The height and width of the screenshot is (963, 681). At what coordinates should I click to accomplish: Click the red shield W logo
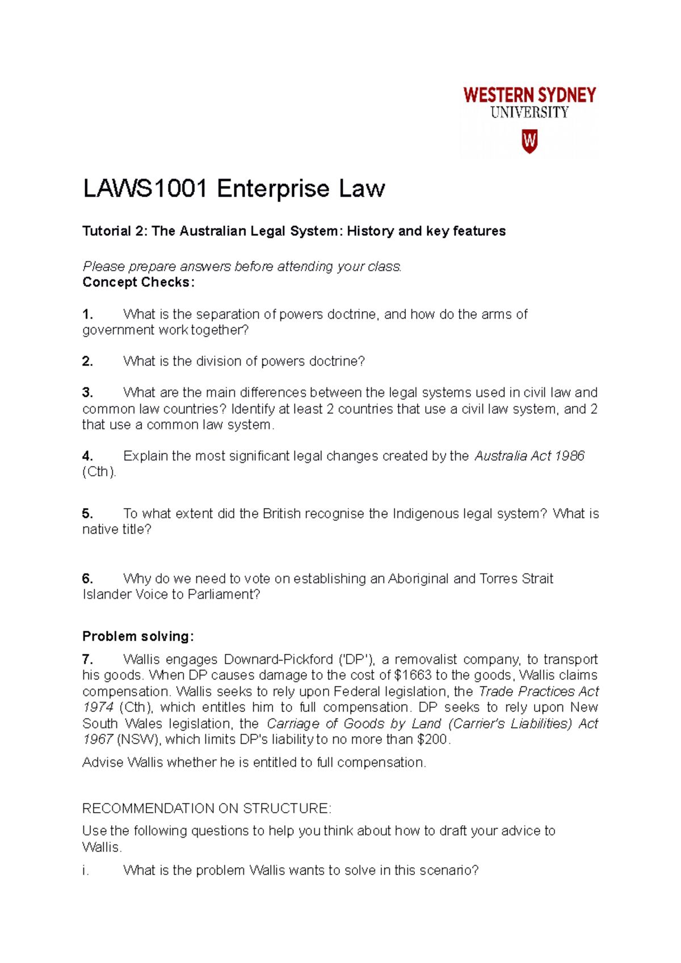pyautogui.click(x=529, y=141)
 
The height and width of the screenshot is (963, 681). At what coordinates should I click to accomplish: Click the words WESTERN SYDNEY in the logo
pyautogui.click(x=529, y=95)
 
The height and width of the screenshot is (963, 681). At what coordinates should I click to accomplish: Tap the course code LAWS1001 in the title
pyautogui.click(x=145, y=189)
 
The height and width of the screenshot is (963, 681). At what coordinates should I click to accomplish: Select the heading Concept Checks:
pyautogui.click(x=138, y=282)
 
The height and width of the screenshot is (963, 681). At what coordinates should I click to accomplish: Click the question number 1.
pyautogui.click(x=87, y=314)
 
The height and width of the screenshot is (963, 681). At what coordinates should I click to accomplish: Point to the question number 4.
pyautogui.click(x=87, y=456)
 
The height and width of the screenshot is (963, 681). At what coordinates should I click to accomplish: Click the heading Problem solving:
pyautogui.click(x=138, y=636)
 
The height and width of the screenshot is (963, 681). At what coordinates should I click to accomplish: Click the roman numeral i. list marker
pyautogui.click(x=86, y=871)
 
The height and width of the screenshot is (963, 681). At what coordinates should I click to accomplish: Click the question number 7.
pyautogui.click(x=87, y=660)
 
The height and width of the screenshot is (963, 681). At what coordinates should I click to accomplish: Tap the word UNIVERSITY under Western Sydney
pyautogui.click(x=529, y=113)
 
